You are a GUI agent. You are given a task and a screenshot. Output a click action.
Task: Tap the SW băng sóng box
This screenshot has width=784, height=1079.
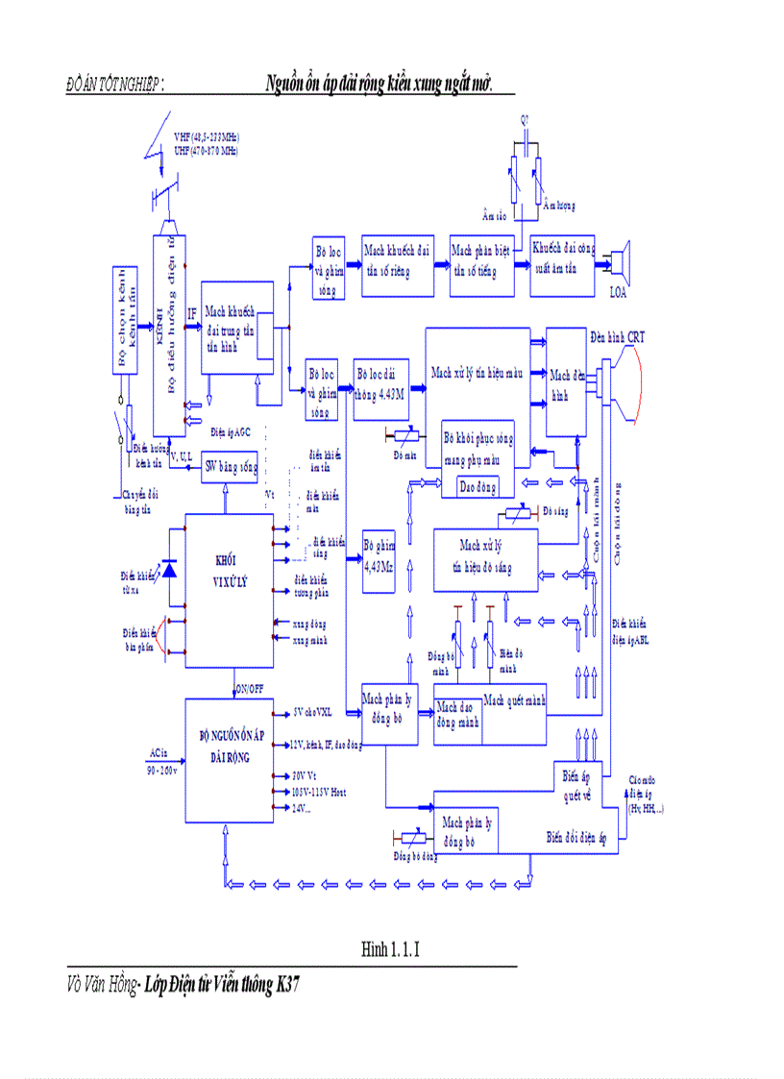(226, 468)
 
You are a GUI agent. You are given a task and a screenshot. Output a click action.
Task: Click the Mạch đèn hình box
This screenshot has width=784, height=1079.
(566, 382)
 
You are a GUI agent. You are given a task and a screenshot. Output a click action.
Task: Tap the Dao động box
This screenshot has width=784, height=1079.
(477, 487)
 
